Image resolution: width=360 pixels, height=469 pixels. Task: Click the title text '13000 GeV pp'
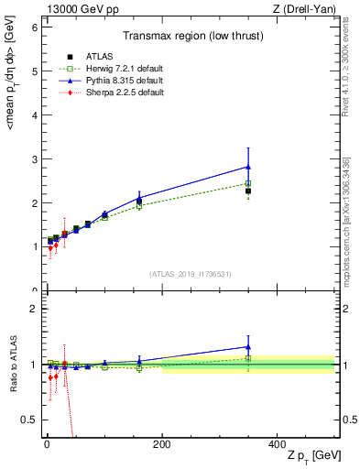80,8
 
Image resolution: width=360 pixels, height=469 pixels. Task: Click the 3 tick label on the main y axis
34,159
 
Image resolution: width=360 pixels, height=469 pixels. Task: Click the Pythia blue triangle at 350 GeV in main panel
248,167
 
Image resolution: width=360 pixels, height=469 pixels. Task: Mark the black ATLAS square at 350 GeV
248,191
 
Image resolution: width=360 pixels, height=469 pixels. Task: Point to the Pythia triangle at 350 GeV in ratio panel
248,347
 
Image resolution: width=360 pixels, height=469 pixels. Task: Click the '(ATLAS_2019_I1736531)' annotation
190,273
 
